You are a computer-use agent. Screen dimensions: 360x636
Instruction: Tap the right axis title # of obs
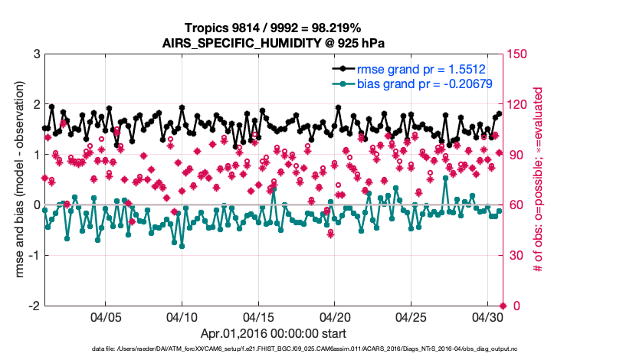[x=538, y=179]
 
